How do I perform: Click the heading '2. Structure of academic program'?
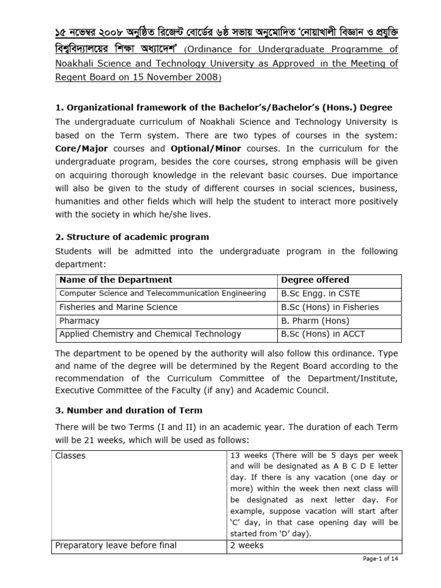(x=132, y=237)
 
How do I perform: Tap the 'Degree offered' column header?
(x=315, y=280)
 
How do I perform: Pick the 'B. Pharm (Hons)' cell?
(x=315, y=320)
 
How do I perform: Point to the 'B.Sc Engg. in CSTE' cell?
(x=320, y=293)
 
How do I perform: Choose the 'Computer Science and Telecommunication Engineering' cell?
(x=163, y=293)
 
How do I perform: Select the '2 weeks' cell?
(x=247, y=545)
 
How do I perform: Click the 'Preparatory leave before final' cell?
(x=115, y=545)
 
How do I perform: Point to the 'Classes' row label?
(x=71, y=455)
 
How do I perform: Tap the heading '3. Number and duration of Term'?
(x=129, y=411)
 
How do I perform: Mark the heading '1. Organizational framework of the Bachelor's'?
(x=224, y=107)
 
